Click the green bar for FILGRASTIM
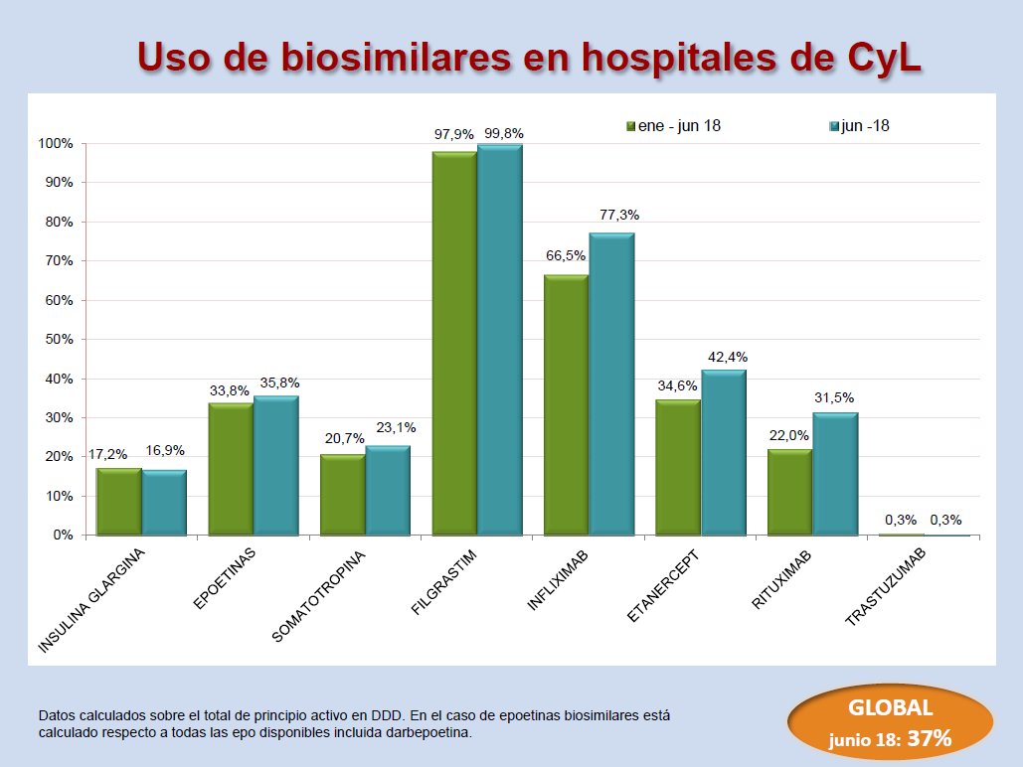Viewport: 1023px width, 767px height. pos(454,343)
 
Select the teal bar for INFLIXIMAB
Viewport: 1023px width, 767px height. pos(611,383)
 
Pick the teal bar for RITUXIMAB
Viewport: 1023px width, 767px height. pos(835,473)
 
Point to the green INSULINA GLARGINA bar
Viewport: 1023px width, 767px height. pos(118,501)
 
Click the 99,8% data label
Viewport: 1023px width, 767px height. pos(503,133)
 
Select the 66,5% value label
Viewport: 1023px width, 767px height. pos(566,255)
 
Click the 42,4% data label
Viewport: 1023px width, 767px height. pos(727,357)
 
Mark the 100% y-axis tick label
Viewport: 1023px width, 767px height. pos(55,144)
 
